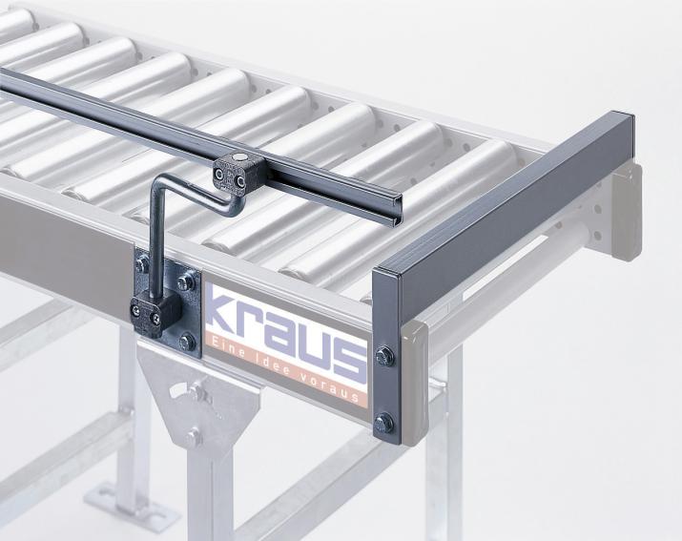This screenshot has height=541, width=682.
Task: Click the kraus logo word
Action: coord(287,335)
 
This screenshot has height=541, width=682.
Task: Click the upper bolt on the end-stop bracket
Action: coord(385,357)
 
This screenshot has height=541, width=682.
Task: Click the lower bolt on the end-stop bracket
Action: coord(383,424)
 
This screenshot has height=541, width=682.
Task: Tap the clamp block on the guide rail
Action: coord(239,174)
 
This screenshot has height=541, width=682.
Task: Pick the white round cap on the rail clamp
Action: coord(238,157)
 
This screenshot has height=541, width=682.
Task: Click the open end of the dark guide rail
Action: coord(394,210)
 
